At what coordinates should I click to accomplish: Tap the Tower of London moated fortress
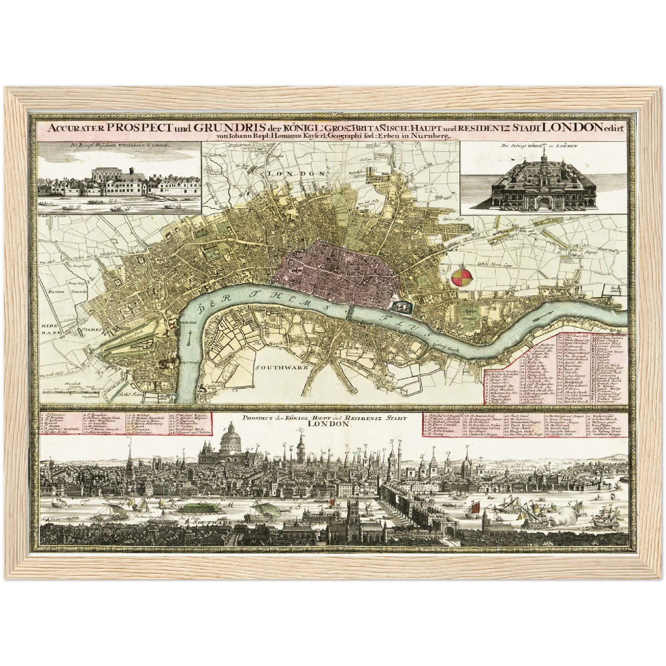click(399, 305)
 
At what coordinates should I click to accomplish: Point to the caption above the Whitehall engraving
click(120, 145)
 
